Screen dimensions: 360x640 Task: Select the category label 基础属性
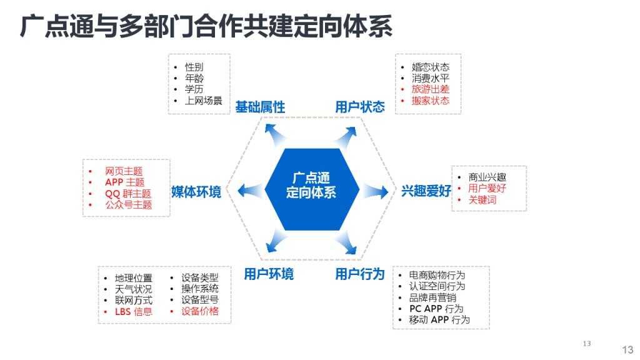coord(260,107)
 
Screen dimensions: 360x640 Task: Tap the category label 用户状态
coord(360,107)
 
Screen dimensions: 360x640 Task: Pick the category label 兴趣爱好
coord(426,191)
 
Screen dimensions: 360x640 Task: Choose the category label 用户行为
coord(360,274)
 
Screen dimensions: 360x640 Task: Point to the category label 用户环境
coord(269,274)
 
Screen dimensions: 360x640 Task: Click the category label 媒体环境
coord(196,192)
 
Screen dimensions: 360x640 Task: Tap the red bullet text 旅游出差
coord(431,89)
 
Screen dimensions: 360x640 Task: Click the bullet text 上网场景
coord(203,100)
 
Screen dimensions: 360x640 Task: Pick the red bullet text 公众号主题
coord(128,204)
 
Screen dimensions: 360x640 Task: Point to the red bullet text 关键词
coord(482,200)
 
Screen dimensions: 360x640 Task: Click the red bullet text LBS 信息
coord(133,311)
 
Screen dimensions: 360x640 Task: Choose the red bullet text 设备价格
coord(200,311)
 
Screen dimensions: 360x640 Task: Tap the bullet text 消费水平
coord(431,78)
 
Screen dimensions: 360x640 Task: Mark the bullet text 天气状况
coord(133,289)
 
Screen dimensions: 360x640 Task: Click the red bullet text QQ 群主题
coord(128,193)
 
